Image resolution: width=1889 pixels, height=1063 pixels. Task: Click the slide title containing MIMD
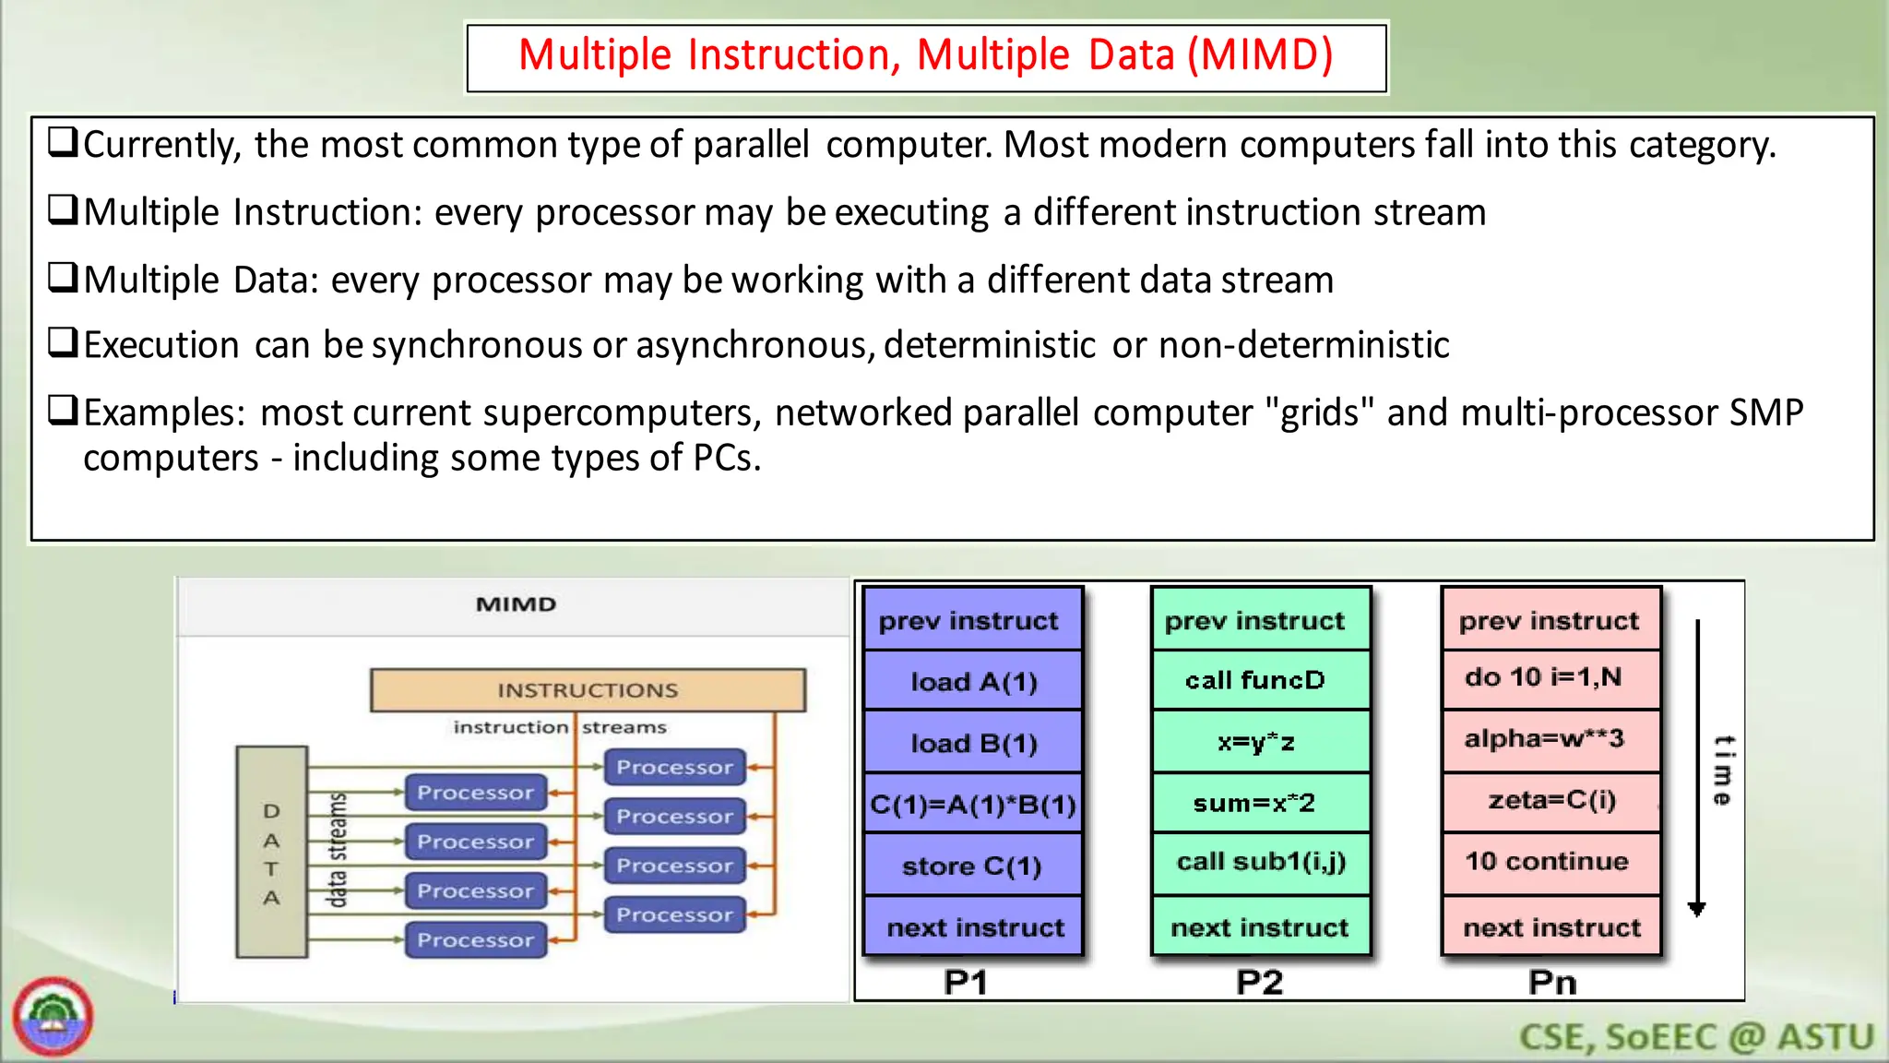click(x=926, y=55)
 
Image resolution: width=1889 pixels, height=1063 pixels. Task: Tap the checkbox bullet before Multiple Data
click(x=63, y=278)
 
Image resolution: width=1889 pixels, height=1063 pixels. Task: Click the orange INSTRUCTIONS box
click(x=588, y=690)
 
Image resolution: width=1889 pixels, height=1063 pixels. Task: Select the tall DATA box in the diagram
click(x=271, y=852)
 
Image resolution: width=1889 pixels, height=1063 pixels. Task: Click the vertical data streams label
click(x=338, y=850)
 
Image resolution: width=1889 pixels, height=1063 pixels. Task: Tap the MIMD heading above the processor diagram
click(x=516, y=604)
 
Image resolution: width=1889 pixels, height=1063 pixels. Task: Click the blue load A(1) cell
click(x=973, y=682)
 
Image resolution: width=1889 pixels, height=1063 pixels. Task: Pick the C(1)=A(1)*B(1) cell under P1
click(x=973, y=805)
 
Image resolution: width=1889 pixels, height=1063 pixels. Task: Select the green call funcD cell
click(x=1255, y=681)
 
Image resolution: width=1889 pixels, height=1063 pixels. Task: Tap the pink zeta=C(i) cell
click(x=1551, y=799)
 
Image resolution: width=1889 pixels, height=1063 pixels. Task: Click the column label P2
click(x=1259, y=983)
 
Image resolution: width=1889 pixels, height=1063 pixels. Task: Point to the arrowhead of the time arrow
click(x=1696, y=909)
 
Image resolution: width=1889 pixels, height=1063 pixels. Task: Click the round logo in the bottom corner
click(x=53, y=1017)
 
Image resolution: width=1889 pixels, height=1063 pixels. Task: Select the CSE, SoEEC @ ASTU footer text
click(x=1696, y=1037)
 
